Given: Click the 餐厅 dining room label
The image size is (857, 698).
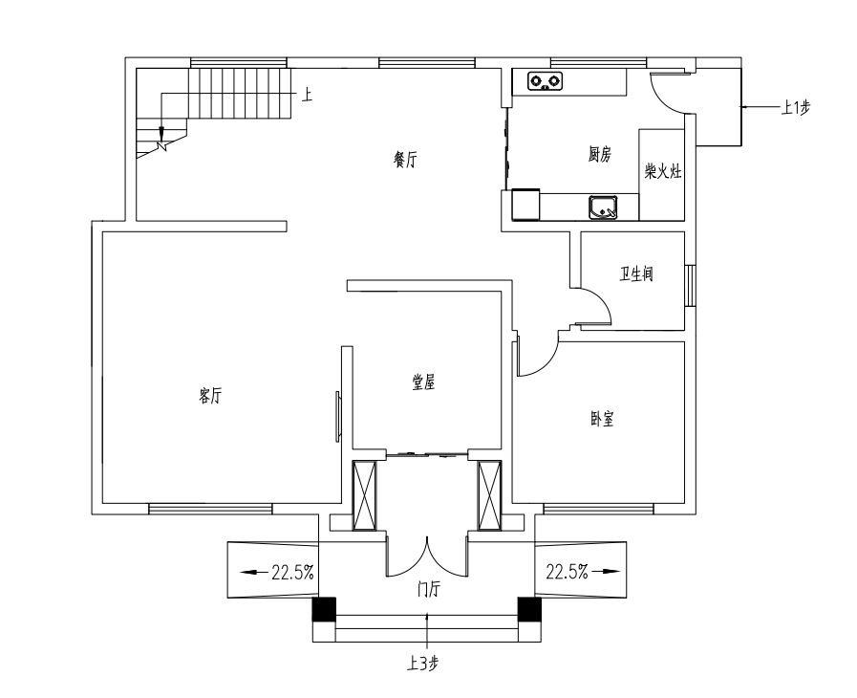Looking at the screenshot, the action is (405, 161).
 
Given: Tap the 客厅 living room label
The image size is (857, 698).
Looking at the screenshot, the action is (210, 396).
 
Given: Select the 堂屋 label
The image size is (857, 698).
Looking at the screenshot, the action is (423, 382).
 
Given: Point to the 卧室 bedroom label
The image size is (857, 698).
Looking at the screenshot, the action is (602, 419).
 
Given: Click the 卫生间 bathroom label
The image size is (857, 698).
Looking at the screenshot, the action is (635, 273).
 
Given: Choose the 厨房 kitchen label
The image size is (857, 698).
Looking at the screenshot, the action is (600, 155).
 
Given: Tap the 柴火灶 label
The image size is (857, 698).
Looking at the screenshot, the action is (663, 172).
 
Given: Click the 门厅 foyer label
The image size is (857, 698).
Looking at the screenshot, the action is (428, 590).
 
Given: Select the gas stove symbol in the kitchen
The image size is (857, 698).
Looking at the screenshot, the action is (546, 81).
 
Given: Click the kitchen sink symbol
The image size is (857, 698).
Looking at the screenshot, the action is (603, 207).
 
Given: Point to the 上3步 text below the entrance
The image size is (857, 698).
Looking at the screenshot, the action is (422, 664).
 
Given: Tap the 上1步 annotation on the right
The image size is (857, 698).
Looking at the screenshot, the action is (795, 108).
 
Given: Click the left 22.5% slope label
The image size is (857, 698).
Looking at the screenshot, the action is (293, 573).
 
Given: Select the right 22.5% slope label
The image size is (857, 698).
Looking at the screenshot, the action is (567, 572).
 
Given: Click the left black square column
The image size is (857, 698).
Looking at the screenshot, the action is (324, 609).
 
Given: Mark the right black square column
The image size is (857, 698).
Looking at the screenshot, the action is (529, 609).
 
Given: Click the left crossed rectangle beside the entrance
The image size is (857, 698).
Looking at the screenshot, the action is (365, 495).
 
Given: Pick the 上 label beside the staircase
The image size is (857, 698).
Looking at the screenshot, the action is (308, 96).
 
